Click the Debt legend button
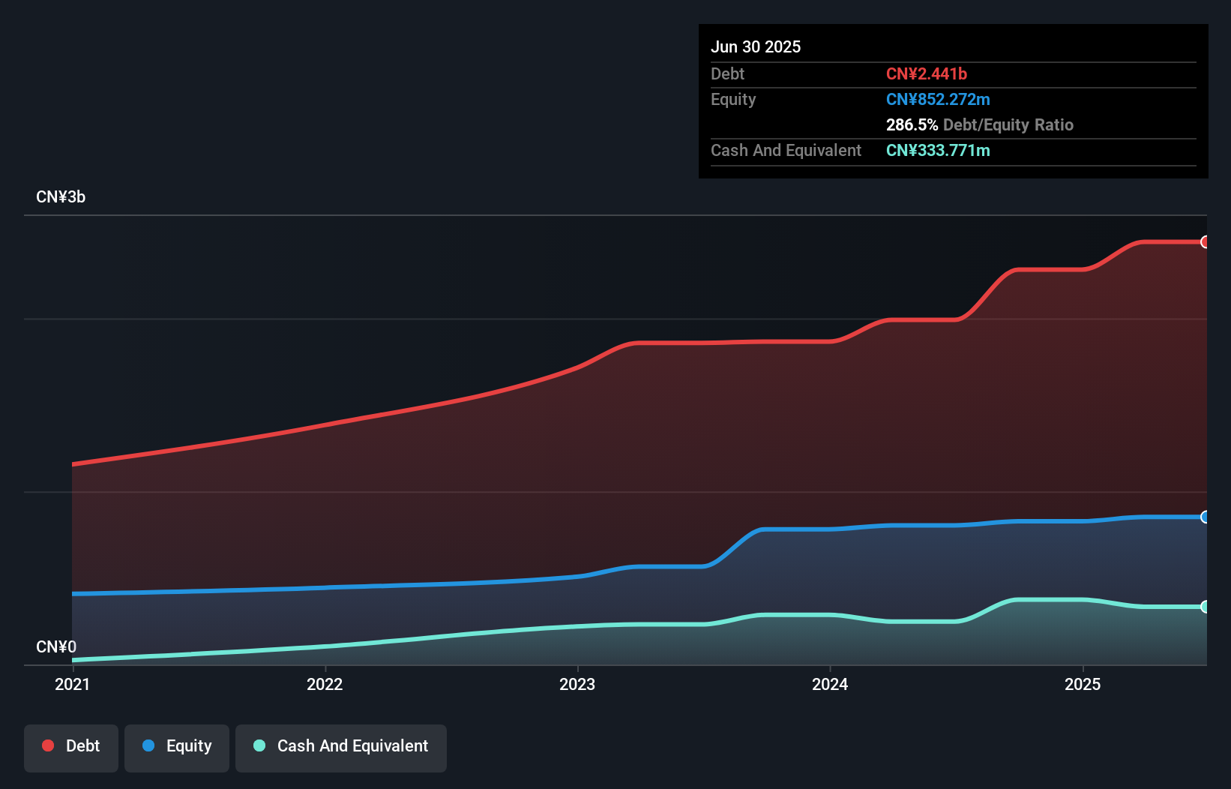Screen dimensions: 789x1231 click(71, 747)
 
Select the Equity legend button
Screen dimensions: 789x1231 click(177, 747)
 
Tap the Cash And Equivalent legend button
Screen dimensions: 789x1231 click(341, 747)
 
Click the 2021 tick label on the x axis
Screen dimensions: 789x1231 click(72, 684)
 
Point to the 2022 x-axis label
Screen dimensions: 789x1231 click(325, 684)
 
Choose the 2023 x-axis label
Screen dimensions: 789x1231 click(577, 684)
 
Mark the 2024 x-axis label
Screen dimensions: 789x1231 click(830, 684)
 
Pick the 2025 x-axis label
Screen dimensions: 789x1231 click(1083, 684)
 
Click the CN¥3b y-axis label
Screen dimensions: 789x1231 click(61, 197)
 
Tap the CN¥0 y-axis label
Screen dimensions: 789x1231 click(56, 646)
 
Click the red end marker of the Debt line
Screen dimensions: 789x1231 click(1205, 241)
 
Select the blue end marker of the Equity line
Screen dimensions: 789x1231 click(1205, 517)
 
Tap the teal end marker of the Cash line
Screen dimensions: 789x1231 click(1205, 607)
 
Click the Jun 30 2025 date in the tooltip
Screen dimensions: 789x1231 click(756, 46)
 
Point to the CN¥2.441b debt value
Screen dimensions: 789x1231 click(926, 73)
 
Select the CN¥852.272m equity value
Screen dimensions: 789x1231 click(937, 99)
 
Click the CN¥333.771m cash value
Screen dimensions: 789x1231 click(937, 150)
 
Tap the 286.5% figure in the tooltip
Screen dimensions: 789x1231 click(912, 124)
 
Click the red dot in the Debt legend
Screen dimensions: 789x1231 click(48, 745)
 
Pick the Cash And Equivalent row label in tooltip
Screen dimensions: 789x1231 click(786, 150)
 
